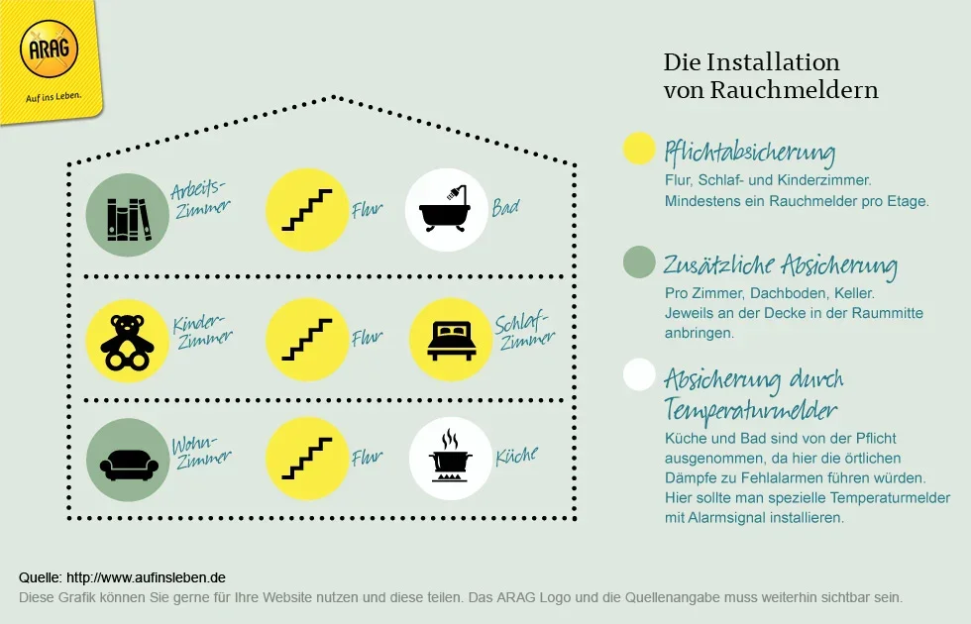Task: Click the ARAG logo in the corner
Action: click(x=49, y=51)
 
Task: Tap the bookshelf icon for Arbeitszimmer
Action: click(x=127, y=215)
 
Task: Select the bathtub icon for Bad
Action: click(x=447, y=210)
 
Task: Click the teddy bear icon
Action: click(x=127, y=341)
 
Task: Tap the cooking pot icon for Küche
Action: click(x=451, y=459)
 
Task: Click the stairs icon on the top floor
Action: click(x=307, y=210)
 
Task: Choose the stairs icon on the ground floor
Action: click(x=307, y=459)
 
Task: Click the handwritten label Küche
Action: click(x=516, y=457)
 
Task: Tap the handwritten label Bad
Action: click(x=505, y=208)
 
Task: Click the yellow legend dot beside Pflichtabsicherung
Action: click(x=640, y=149)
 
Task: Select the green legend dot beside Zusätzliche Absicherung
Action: click(x=640, y=261)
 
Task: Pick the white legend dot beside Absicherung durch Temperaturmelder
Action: click(x=640, y=374)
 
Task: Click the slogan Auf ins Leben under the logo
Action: click(x=51, y=97)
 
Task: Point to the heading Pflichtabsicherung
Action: click(x=750, y=153)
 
